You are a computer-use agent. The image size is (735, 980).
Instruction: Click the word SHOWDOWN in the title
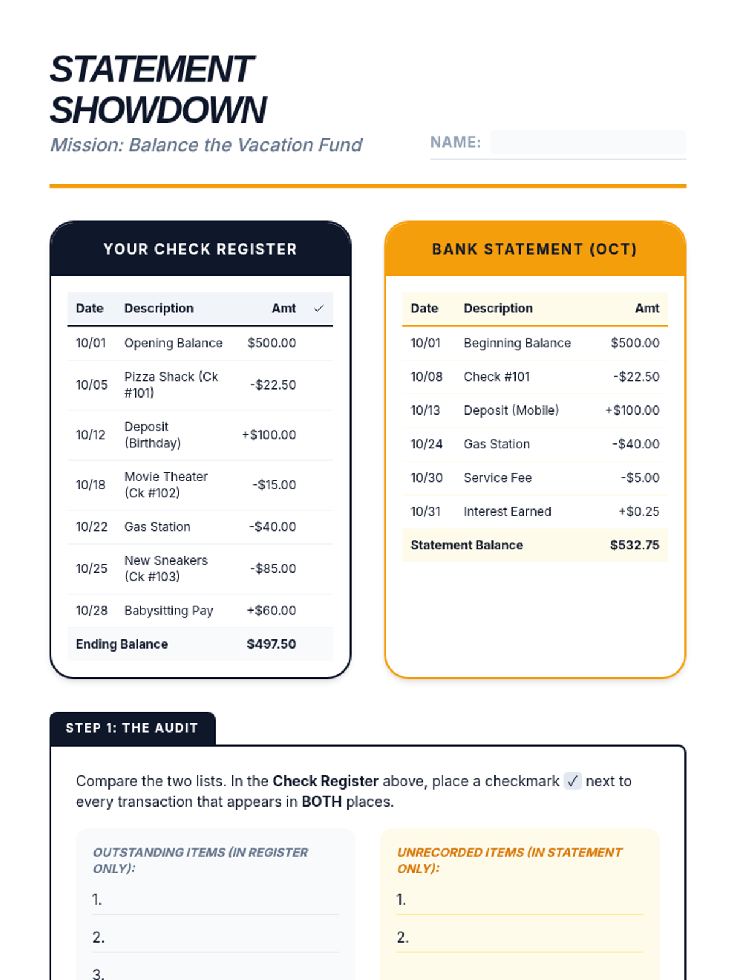click(158, 110)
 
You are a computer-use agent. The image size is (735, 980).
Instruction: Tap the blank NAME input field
click(587, 142)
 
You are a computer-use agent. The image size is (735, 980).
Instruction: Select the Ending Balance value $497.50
click(271, 644)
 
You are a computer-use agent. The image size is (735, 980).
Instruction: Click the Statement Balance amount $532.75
click(634, 545)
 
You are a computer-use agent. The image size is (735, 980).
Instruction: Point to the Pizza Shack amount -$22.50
click(273, 385)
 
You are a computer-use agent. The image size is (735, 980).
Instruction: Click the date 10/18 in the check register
click(91, 485)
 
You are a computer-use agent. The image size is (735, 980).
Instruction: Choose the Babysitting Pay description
click(168, 611)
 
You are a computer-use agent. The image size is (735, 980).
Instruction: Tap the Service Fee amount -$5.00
click(639, 478)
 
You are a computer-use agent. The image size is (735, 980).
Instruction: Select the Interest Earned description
click(507, 511)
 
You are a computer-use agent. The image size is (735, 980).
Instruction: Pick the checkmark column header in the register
click(318, 309)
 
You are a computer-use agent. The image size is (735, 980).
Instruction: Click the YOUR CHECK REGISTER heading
click(200, 249)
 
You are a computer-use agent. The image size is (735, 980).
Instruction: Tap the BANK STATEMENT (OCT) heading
click(535, 249)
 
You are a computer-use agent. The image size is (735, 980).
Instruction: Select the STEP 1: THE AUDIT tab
click(132, 728)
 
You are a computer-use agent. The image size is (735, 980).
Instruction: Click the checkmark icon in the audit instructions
click(572, 782)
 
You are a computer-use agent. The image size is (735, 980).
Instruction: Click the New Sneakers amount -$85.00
click(273, 568)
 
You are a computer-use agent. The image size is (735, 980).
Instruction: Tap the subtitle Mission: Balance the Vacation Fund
click(206, 145)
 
